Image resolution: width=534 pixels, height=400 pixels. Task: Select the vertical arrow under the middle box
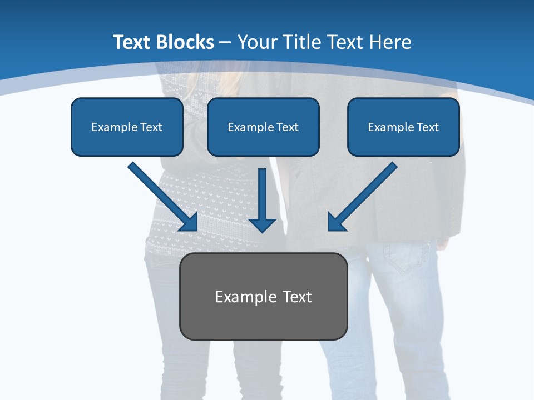coord(262,197)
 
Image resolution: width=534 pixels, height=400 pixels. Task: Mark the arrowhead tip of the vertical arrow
coord(262,231)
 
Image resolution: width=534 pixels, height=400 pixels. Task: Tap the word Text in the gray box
coord(297,297)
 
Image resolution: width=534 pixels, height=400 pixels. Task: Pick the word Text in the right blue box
coord(427,127)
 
